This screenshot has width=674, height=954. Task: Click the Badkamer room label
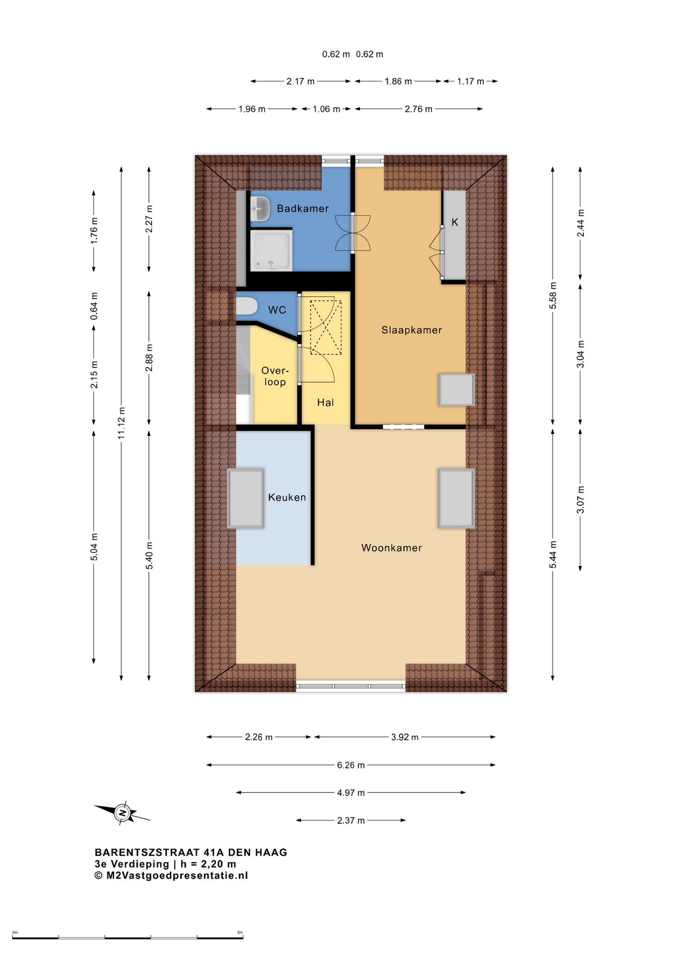(x=303, y=209)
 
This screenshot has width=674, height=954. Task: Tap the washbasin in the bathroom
(x=260, y=209)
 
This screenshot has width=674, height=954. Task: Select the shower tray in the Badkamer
(x=271, y=250)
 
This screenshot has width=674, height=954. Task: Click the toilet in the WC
(x=246, y=306)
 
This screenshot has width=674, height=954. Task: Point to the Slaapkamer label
(x=411, y=330)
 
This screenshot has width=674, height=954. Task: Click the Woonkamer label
(x=392, y=548)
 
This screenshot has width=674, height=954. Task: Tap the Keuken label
(x=287, y=497)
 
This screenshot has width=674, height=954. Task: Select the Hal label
(x=326, y=402)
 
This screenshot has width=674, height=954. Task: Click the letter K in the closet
(x=455, y=222)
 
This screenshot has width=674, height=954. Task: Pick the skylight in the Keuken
(x=246, y=498)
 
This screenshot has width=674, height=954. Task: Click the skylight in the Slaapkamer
(x=457, y=390)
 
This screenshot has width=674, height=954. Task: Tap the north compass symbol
(x=122, y=813)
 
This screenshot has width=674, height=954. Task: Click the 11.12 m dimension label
(x=122, y=423)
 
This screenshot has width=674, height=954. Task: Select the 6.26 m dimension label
(x=351, y=765)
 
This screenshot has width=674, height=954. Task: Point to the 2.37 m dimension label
(x=351, y=820)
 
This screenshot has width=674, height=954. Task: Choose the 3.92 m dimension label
(x=405, y=737)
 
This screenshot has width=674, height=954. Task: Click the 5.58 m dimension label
(x=553, y=296)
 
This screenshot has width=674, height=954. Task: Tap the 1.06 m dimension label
(x=326, y=109)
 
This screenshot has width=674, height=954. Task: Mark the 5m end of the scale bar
(x=243, y=938)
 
